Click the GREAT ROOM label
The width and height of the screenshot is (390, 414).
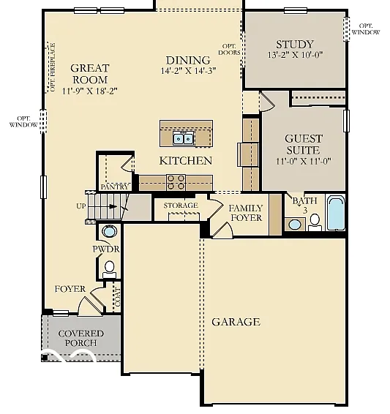(x=90, y=74)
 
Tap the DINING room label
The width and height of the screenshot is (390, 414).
(x=187, y=61)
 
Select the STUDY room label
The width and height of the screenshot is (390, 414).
(x=295, y=44)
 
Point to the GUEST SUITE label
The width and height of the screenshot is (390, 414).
(x=303, y=144)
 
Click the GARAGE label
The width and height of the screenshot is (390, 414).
(x=236, y=322)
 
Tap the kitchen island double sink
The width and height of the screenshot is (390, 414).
(x=183, y=138)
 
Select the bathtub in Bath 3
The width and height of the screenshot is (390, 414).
(x=335, y=213)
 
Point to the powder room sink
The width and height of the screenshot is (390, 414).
(x=109, y=232)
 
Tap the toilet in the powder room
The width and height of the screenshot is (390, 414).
(x=110, y=268)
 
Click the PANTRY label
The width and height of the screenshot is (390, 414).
(x=114, y=187)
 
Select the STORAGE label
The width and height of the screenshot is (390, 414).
(x=180, y=206)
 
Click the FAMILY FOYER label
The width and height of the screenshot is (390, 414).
(x=246, y=213)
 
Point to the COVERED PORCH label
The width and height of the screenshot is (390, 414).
(x=80, y=339)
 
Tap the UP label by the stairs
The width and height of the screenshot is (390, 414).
(x=80, y=206)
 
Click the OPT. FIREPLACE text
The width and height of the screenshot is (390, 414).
(x=52, y=68)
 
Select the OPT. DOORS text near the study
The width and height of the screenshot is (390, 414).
(x=229, y=48)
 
